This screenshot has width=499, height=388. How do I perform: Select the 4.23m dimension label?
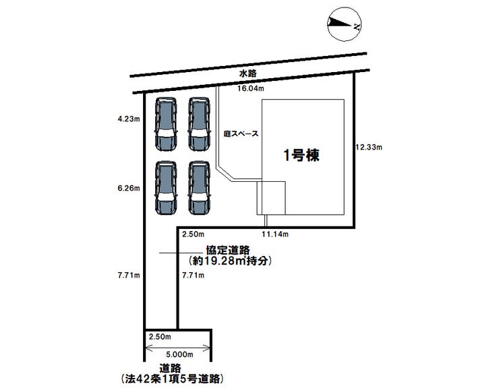(127, 120)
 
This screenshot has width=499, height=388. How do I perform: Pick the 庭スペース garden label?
(241, 134)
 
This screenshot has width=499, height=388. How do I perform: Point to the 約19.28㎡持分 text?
(230, 260)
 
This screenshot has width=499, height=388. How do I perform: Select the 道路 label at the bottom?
(170, 368)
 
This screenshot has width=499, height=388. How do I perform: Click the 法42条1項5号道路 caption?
(171, 379)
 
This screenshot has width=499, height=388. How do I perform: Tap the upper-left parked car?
(165, 125)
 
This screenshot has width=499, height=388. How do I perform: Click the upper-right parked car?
(200, 125)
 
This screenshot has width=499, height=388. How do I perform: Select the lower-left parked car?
(165, 188)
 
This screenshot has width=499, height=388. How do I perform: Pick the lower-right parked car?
(200, 188)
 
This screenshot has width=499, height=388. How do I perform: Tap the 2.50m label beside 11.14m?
(192, 234)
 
